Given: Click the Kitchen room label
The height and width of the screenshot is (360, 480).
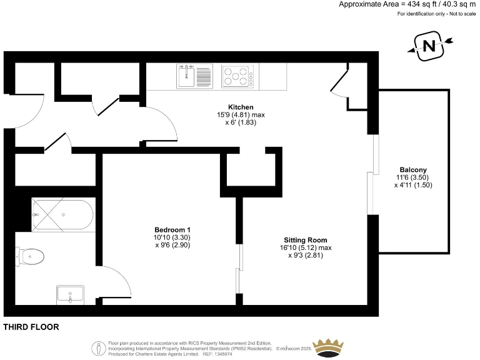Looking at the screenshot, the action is pyautogui.click(x=241, y=107).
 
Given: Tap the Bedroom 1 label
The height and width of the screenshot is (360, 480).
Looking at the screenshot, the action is pyautogui.click(x=172, y=230).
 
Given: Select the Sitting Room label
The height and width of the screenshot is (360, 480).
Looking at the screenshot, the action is pyautogui.click(x=305, y=240).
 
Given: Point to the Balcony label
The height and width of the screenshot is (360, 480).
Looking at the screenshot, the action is pyautogui.click(x=413, y=170).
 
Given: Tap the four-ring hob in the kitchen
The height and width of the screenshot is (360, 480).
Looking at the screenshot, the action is pyautogui.click(x=238, y=76).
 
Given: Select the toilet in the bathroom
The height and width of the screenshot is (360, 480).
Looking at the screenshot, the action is pyautogui.click(x=30, y=256).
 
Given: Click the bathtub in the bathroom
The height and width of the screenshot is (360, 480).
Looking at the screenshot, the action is pyautogui.click(x=62, y=214).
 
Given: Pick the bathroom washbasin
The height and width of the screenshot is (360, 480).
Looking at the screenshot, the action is pyautogui.click(x=70, y=295).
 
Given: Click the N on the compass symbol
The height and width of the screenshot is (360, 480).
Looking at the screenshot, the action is pyautogui.click(x=429, y=46).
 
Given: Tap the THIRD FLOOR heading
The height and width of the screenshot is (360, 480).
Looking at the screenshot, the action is pyautogui.click(x=31, y=327).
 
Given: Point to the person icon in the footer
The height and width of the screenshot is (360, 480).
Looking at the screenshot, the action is pyautogui.click(x=99, y=348).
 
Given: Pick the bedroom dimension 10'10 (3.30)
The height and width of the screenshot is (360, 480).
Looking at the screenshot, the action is pyautogui.click(x=172, y=237).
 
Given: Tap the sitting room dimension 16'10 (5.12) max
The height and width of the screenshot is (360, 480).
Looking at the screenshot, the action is pyautogui.click(x=306, y=247).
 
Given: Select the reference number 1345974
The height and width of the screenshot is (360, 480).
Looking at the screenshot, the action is pyautogui.click(x=224, y=354).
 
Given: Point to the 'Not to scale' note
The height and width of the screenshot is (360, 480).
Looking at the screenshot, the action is pyautogui.click(x=462, y=14).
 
